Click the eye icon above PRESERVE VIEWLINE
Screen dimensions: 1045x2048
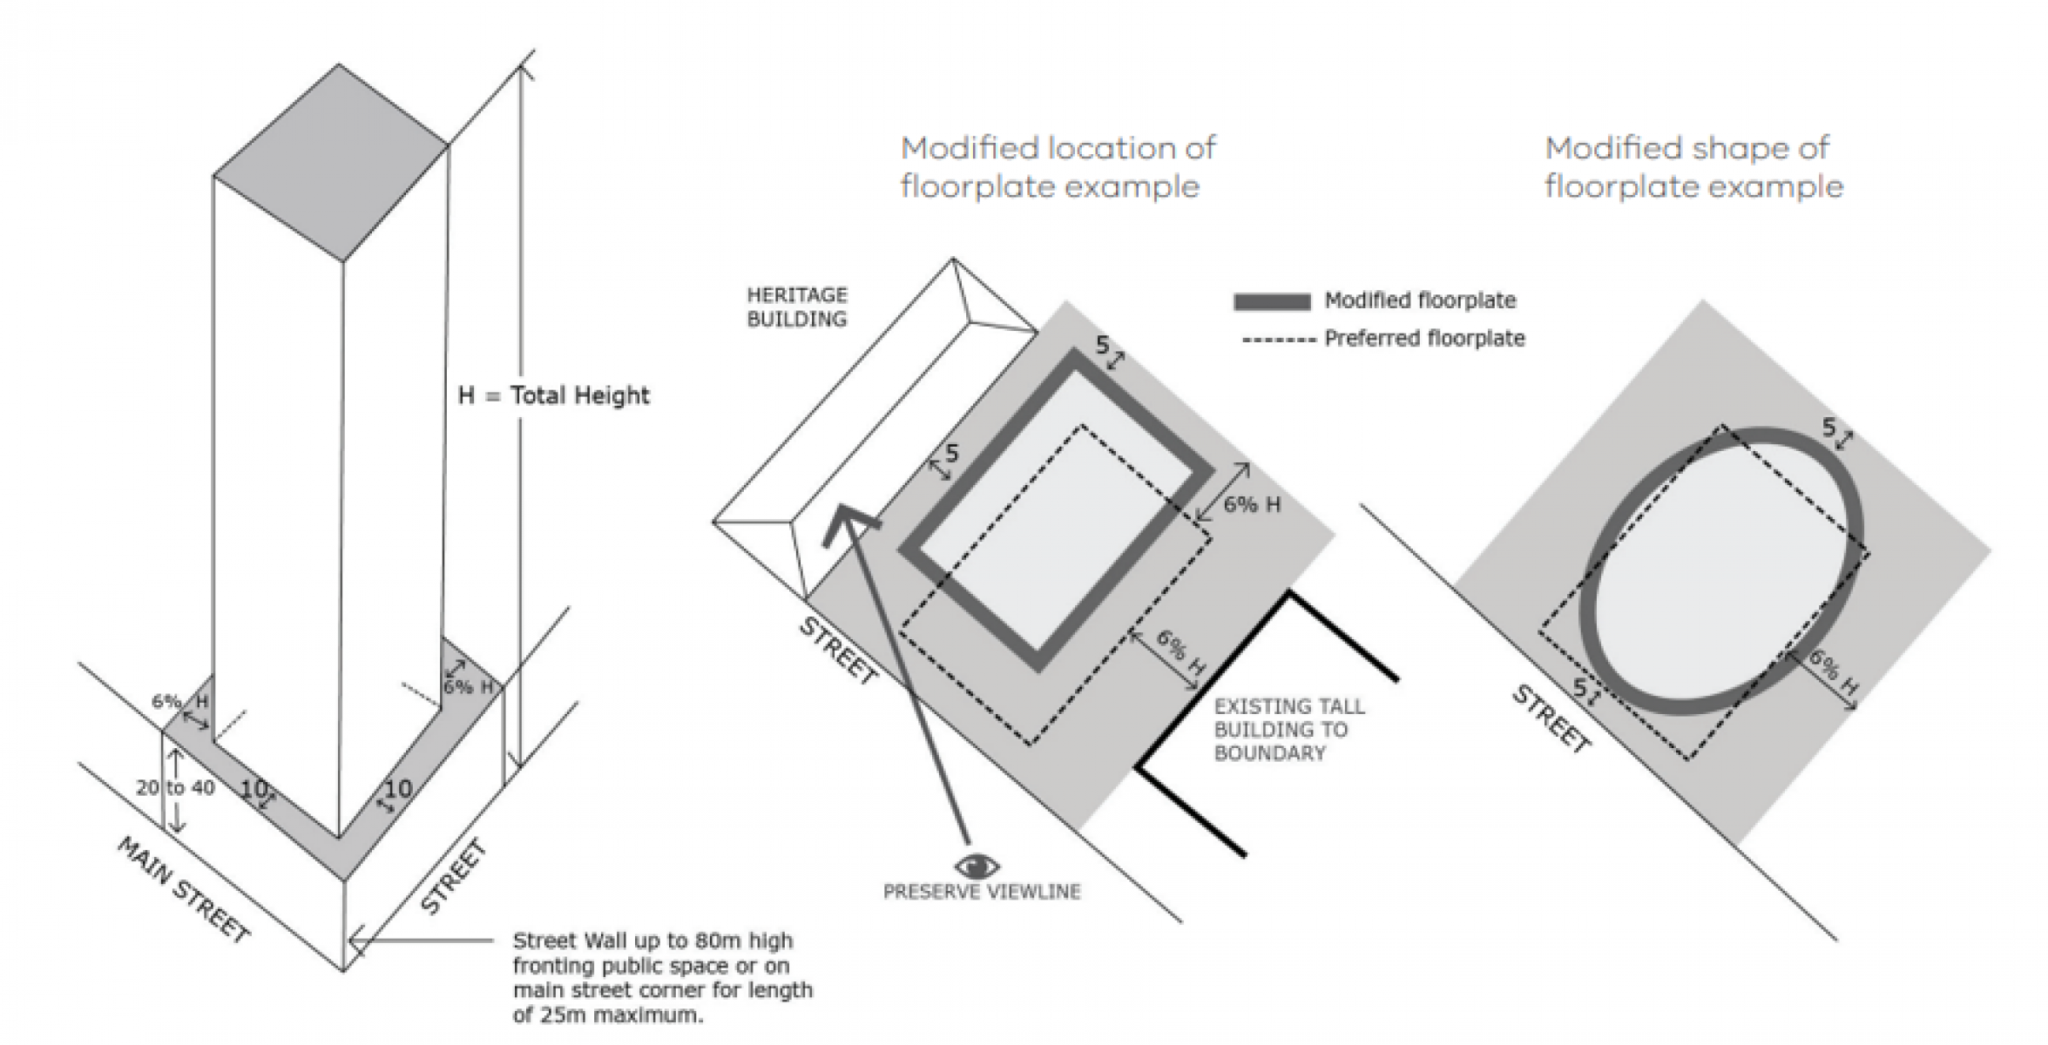[x=977, y=866]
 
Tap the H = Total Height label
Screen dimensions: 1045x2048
[x=553, y=395]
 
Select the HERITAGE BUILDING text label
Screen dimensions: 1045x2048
[x=796, y=307]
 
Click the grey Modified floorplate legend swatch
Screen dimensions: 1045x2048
[x=1271, y=301]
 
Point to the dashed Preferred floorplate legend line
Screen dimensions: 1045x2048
[x=1277, y=340]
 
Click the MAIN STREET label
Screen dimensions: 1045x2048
[x=183, y=889]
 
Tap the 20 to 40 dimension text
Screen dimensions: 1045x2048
[x=175, y=787]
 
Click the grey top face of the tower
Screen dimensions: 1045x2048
[x=331, y=162]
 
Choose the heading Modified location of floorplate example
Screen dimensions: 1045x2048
[x=1057, y=167]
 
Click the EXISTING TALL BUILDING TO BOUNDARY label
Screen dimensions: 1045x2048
[x=1288, y=730]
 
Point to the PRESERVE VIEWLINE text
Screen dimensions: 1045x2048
[x=981, y=892]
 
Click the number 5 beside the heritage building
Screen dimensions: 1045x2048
[x=950, y=453]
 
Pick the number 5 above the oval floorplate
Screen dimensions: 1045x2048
[x=1829, y=428]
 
